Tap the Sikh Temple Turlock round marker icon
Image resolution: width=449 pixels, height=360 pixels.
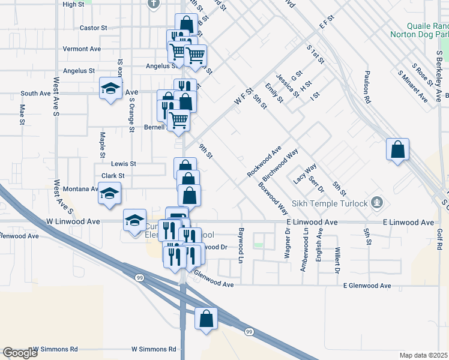pos(377,202)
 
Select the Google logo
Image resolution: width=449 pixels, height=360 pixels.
pos(20,353)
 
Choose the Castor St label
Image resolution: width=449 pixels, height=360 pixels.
pos(93,28)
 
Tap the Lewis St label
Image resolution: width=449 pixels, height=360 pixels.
pos(124,163)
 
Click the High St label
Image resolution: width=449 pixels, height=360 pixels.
pos(73,4)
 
